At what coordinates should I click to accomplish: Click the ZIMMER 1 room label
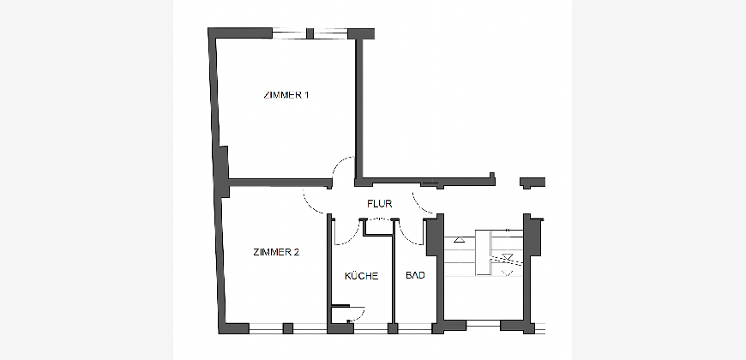(286, 94)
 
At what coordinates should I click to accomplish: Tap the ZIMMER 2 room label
(276, 252)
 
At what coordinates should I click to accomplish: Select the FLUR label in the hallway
(380, 204)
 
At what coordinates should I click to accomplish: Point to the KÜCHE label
(362, 276)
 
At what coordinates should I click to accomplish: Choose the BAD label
(415, 275)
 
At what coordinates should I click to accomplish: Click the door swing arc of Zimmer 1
(338, 164)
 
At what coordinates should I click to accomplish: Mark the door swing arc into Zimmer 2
(310, 205)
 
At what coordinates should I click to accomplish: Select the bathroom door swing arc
(407, 237)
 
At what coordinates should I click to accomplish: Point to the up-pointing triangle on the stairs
(459, 240)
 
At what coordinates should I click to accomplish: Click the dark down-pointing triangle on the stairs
(508, 257)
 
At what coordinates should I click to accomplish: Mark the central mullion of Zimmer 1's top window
(310, 33)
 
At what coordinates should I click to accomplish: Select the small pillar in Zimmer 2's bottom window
(288, 328)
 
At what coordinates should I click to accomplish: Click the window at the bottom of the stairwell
(483, 326)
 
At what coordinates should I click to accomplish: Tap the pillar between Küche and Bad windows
(393, 328)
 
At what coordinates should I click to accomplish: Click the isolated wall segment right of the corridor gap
(532, 182)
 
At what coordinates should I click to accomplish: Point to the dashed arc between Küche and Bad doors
(379, 219)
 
